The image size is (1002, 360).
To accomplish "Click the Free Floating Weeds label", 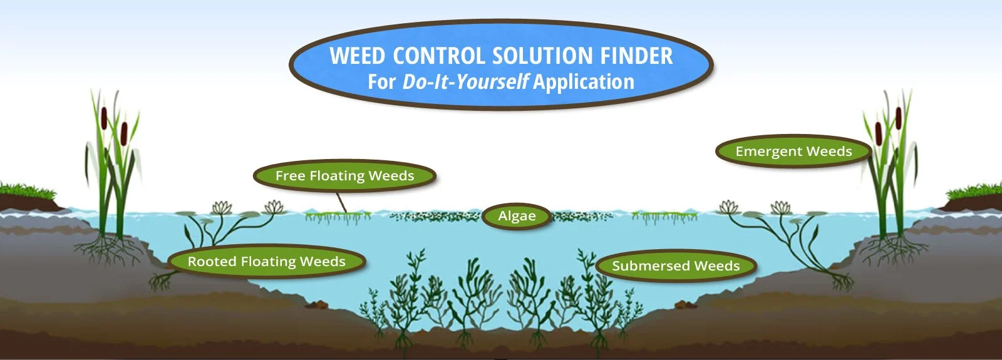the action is [x=344, y=176].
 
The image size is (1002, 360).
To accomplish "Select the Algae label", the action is [x=517, y=216].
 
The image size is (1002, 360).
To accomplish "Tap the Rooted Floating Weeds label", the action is [x=267, y=262].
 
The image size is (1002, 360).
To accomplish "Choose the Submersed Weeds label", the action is [x=676, y=266].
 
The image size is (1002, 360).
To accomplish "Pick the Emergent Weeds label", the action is [x=793, y=152].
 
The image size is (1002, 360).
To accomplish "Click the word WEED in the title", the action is [x=357, y=56].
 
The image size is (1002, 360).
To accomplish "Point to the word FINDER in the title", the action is [x=636, y=56].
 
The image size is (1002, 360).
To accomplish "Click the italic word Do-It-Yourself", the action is [x=465, y=82].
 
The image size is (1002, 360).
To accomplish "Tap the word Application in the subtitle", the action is [x=584, y=82].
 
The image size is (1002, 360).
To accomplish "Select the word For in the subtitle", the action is [x=381, y=82].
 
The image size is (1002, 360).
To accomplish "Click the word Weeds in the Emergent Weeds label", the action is [x=829, y=152].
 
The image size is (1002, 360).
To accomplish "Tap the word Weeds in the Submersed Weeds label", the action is [x=717, y=266].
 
